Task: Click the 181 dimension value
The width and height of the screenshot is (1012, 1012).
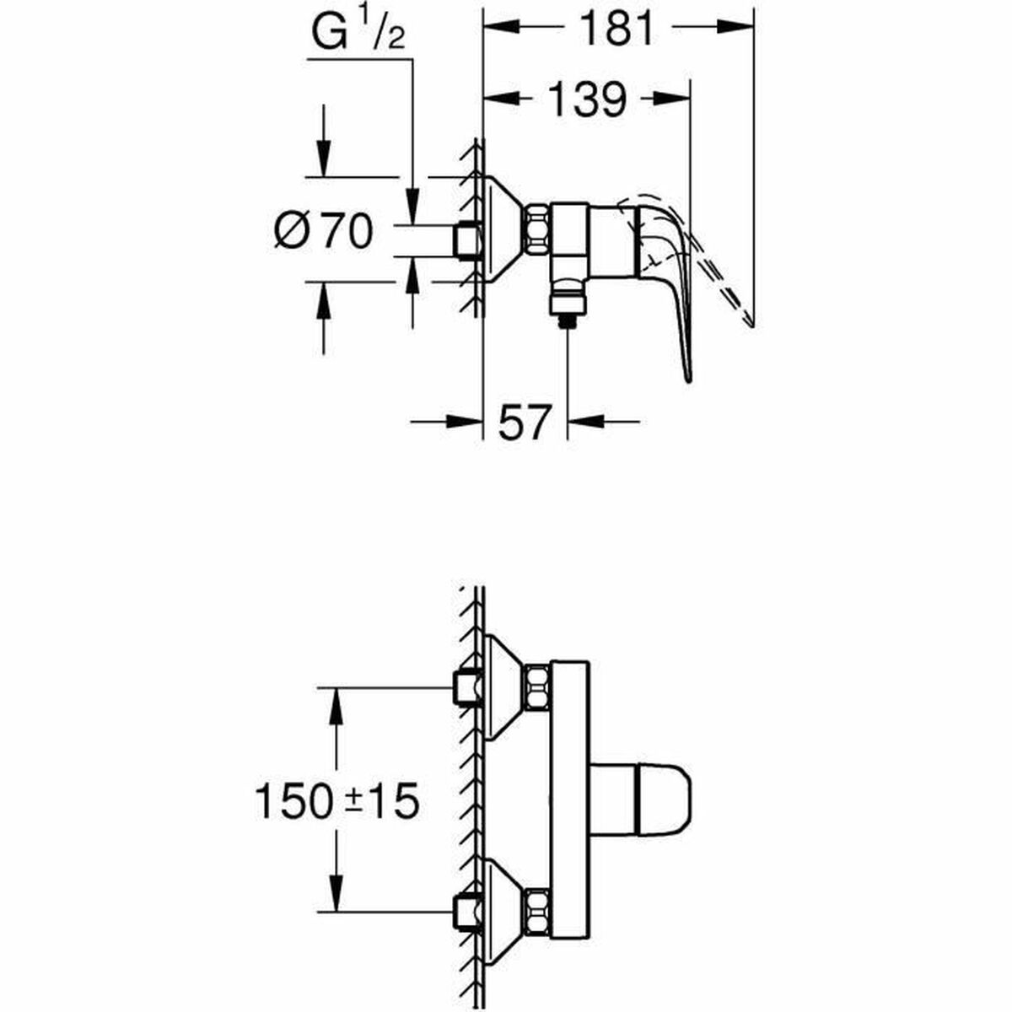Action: pos(618,30)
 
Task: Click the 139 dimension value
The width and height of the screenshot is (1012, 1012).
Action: pos(588,100)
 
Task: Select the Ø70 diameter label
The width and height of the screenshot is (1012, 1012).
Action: pos(323,229)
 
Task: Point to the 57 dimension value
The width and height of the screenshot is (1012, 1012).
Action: pos(524,421)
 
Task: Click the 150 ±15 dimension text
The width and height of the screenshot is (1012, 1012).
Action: pos(336,802)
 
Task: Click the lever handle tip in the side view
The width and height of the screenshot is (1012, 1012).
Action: pos(689,371)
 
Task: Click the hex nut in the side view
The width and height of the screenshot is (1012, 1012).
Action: pos(538,229)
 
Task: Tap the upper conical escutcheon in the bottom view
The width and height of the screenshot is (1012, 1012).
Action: pos(503,686)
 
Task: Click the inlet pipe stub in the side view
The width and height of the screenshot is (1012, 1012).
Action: pos(466,240)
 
